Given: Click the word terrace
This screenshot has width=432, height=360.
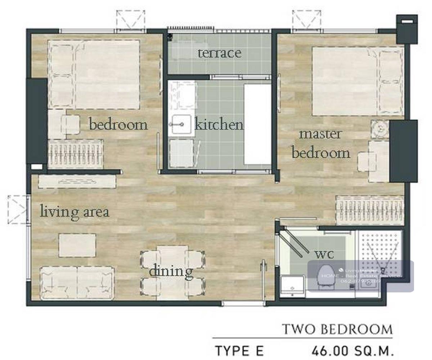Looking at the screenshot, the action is click(220, 53).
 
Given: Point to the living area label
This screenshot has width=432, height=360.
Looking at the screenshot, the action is click(75, 211).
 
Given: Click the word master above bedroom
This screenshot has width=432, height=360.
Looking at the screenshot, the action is click(320, 135).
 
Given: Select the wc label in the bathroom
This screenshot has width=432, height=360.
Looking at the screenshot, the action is click(324, 254).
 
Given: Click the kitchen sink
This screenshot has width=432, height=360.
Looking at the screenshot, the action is click(181, 124).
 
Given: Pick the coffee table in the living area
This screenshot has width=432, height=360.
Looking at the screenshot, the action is click(77, 246).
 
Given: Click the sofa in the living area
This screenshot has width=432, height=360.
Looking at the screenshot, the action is click(77, 283).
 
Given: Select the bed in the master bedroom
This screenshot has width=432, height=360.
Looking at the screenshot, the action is click(358, 81).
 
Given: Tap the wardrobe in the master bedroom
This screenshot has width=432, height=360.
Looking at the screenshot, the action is click(370, 210).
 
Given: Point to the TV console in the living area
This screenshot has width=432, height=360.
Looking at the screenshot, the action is click(77, 182).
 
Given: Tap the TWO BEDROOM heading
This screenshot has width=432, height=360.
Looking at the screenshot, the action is click(337, 329).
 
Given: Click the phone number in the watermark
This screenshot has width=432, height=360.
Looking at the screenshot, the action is click(360, 281).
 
